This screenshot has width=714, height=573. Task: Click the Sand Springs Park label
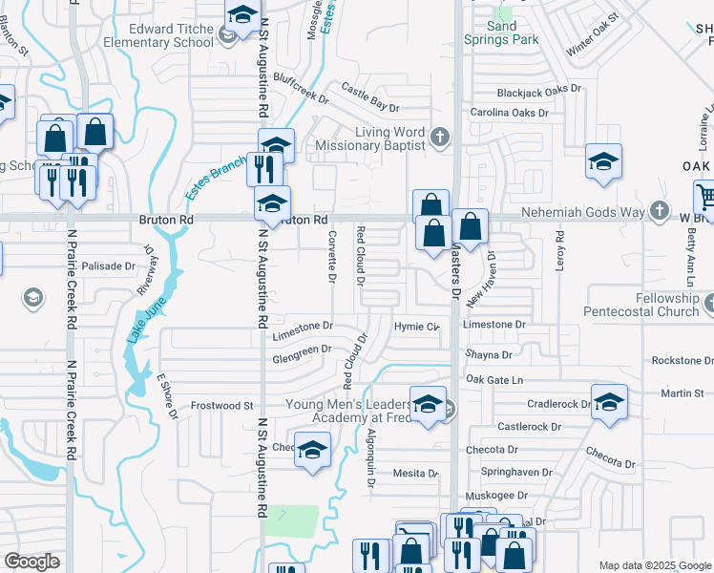[501, 32]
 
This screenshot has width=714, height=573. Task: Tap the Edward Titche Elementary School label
[172, 35]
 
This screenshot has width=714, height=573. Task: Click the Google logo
[32, 562]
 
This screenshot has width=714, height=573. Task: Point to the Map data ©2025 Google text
[655, 565]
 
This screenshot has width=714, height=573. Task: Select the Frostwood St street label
[221, 406]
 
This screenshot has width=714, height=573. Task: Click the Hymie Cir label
[416, 327]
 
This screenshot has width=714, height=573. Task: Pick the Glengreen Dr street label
[302, 350]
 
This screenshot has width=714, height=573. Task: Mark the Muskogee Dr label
[496, 497]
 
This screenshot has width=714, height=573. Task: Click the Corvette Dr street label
[332, 257]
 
